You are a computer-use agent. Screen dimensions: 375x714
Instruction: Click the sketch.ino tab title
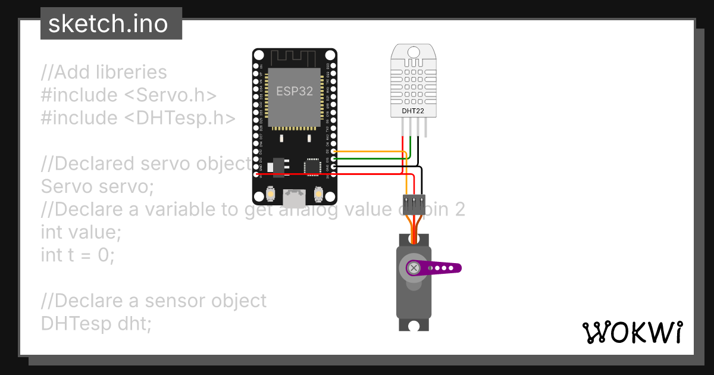(x=108, y=24)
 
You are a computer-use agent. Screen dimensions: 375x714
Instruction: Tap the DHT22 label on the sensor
(x=414, y=111)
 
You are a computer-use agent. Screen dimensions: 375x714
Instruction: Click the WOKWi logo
(x=632, y=333)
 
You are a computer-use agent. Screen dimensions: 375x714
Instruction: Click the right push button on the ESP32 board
(x=318, y=195)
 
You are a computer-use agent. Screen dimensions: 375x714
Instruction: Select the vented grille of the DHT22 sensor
(x=414, y=80)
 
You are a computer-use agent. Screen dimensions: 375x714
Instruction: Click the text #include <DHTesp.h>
(x=138, y=118)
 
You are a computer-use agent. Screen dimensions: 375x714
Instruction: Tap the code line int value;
(x=81, y=232)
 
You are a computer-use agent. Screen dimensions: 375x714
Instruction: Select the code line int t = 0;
(x=78, y=255)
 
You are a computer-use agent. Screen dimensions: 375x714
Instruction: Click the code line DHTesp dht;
(x=96, y=323)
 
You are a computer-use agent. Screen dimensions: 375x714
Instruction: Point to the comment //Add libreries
(x=104, y=73)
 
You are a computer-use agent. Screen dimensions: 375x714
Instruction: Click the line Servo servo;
(x=98, y=186)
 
